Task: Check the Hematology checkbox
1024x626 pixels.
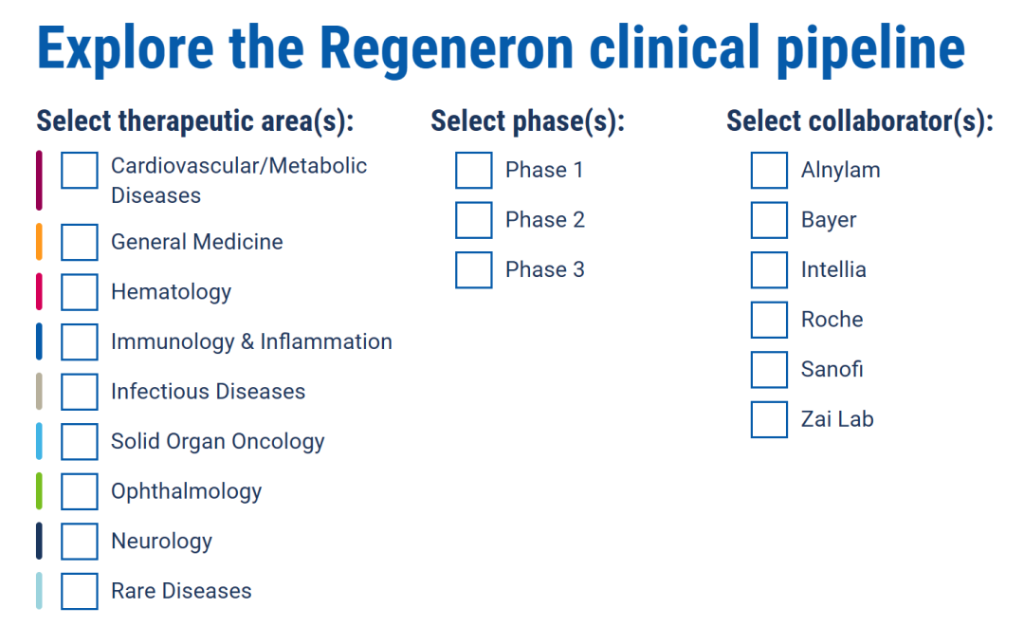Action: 80,292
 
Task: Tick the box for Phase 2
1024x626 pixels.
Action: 473,220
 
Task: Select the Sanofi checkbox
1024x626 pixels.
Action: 769,370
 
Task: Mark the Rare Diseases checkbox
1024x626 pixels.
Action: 80,591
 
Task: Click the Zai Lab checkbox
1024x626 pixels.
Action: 769,419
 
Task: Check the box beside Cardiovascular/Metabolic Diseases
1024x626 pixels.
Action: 80,171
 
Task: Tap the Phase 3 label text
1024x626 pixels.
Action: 544,270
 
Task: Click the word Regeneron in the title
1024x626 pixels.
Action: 447,49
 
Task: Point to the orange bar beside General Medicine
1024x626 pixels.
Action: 39,242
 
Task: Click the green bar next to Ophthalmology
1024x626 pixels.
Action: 39,491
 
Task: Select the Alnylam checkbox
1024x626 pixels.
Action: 769,171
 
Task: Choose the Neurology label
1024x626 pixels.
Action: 162,542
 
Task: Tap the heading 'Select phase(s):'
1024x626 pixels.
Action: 528,121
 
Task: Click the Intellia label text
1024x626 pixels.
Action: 833,270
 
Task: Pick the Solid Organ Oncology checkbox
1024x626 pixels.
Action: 80,442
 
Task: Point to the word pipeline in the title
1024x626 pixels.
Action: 870,49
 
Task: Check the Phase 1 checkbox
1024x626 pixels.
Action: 473,171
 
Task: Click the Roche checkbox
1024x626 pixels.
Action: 769,321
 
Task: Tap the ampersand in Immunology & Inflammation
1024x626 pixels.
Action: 247,341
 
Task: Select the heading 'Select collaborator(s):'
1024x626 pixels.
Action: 860,121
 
